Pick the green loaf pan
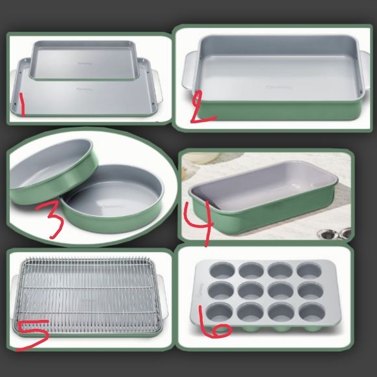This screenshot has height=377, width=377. (266, 201)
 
